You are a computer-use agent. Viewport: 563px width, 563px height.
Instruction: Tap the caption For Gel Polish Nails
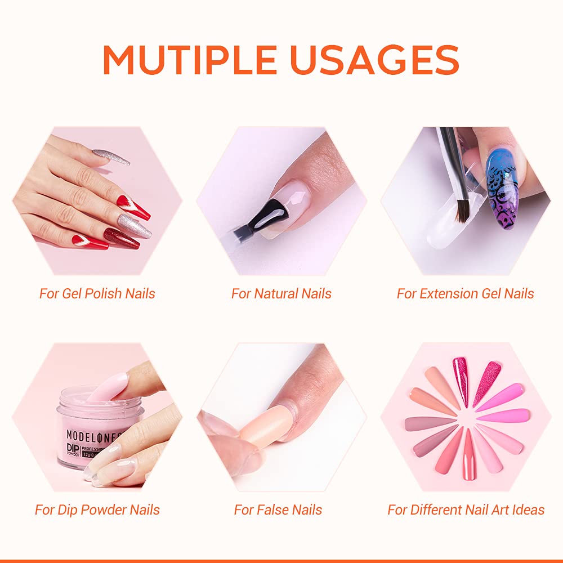pyautogui.click(x=97, y=293)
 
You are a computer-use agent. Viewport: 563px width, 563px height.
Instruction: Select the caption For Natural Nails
pyautogui.click(x=281, y=293)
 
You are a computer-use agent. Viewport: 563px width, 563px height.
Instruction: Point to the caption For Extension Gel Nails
pyautogui.click(x=465, y=293)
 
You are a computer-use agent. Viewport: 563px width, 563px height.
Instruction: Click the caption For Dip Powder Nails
pyautogui.click(x=97, y=510)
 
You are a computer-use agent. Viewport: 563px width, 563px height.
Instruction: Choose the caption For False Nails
pyautogui.click(x=278, y=510)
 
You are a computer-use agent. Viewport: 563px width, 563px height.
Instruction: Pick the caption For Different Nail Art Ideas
pyautogui.click(x=466, y=510)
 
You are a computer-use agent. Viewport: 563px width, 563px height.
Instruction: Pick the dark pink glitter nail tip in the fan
pyautogui.click(x=461, y=380)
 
